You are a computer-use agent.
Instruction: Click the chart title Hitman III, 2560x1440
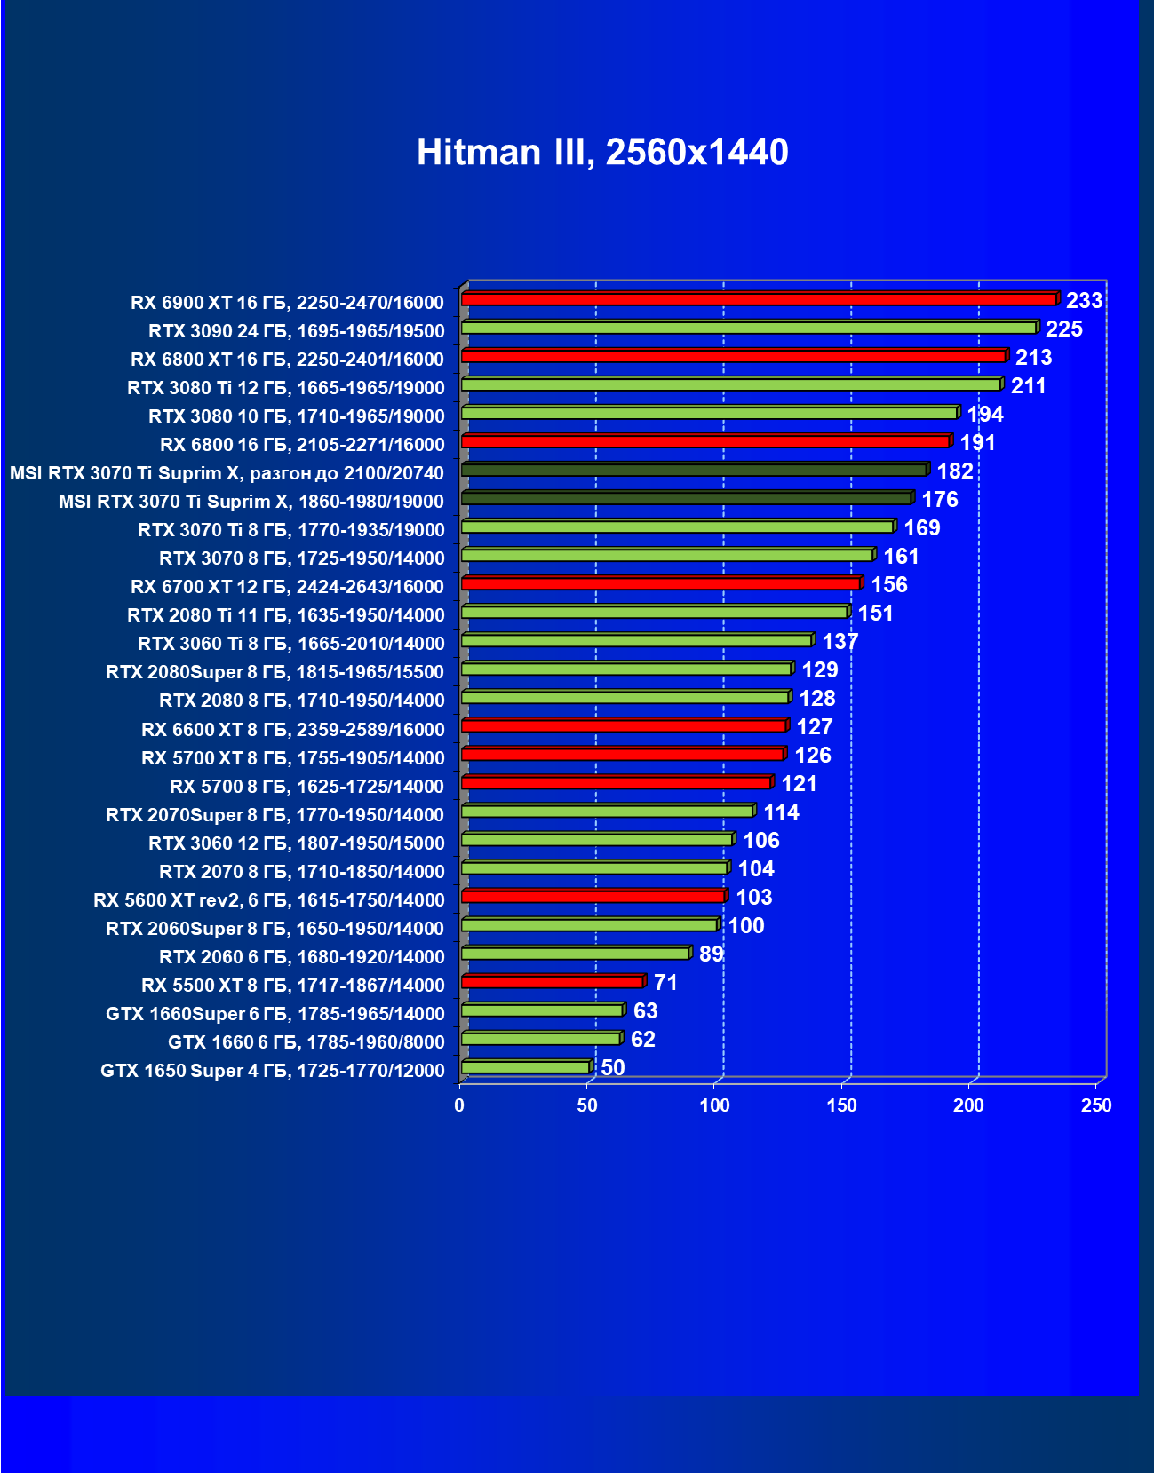point(602,152)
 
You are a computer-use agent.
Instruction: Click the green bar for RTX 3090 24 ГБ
point(748,328)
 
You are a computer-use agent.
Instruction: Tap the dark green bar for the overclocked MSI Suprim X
point(694,470)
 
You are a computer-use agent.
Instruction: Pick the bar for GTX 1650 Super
point(525,1066)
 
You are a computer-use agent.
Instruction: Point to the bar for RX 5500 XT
point(552,981)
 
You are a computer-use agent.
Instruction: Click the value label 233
point(1084,301)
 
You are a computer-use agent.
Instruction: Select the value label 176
point(939,500)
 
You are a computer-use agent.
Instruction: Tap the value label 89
point(711,954)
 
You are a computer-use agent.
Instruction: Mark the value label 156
point(888,585)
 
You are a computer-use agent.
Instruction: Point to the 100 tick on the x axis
point(714,1105)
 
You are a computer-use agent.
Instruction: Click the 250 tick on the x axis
point(1096,1105)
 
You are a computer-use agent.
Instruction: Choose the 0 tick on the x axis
point(459,1105)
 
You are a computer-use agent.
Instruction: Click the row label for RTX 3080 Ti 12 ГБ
point(285,388)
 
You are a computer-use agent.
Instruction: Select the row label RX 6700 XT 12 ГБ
point(287,587)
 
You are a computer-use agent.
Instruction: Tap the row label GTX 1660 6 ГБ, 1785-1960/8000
point(306,1042)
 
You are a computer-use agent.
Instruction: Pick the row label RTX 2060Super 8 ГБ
point(275,929)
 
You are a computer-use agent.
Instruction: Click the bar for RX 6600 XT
point(624,725)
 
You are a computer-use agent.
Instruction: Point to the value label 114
point(781,812)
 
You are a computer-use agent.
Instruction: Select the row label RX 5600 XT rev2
point(268,900)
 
